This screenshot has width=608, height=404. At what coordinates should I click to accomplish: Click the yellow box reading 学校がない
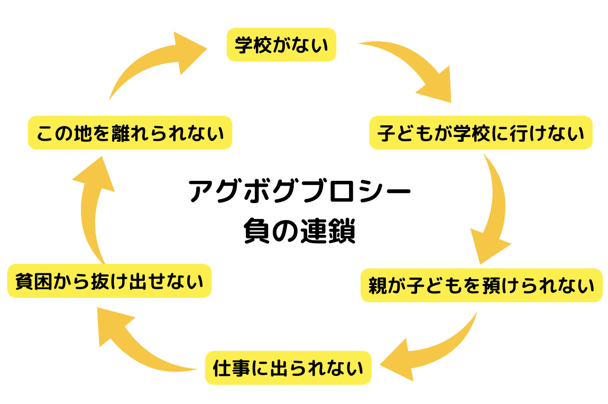tap(281, 44)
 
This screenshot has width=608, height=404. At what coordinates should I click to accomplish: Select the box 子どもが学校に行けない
tap(481, 133)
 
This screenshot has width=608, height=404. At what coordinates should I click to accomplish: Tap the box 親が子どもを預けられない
tap(482, 285)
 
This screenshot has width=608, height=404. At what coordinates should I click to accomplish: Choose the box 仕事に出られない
tap(288, 368)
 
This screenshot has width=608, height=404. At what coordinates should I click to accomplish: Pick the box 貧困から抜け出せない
tap(109, 281)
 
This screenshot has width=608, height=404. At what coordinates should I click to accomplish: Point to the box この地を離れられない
tap(130, 133)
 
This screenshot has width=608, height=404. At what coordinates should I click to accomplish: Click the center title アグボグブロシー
tap(299, 191)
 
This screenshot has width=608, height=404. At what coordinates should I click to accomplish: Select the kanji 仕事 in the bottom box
tap(232, 368)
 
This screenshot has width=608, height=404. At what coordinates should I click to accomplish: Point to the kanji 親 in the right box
tap(377, 286)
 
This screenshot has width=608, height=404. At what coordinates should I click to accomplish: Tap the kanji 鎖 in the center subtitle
tap(342, 231)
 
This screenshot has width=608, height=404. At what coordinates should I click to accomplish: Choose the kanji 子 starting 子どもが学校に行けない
tap(386, 133)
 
